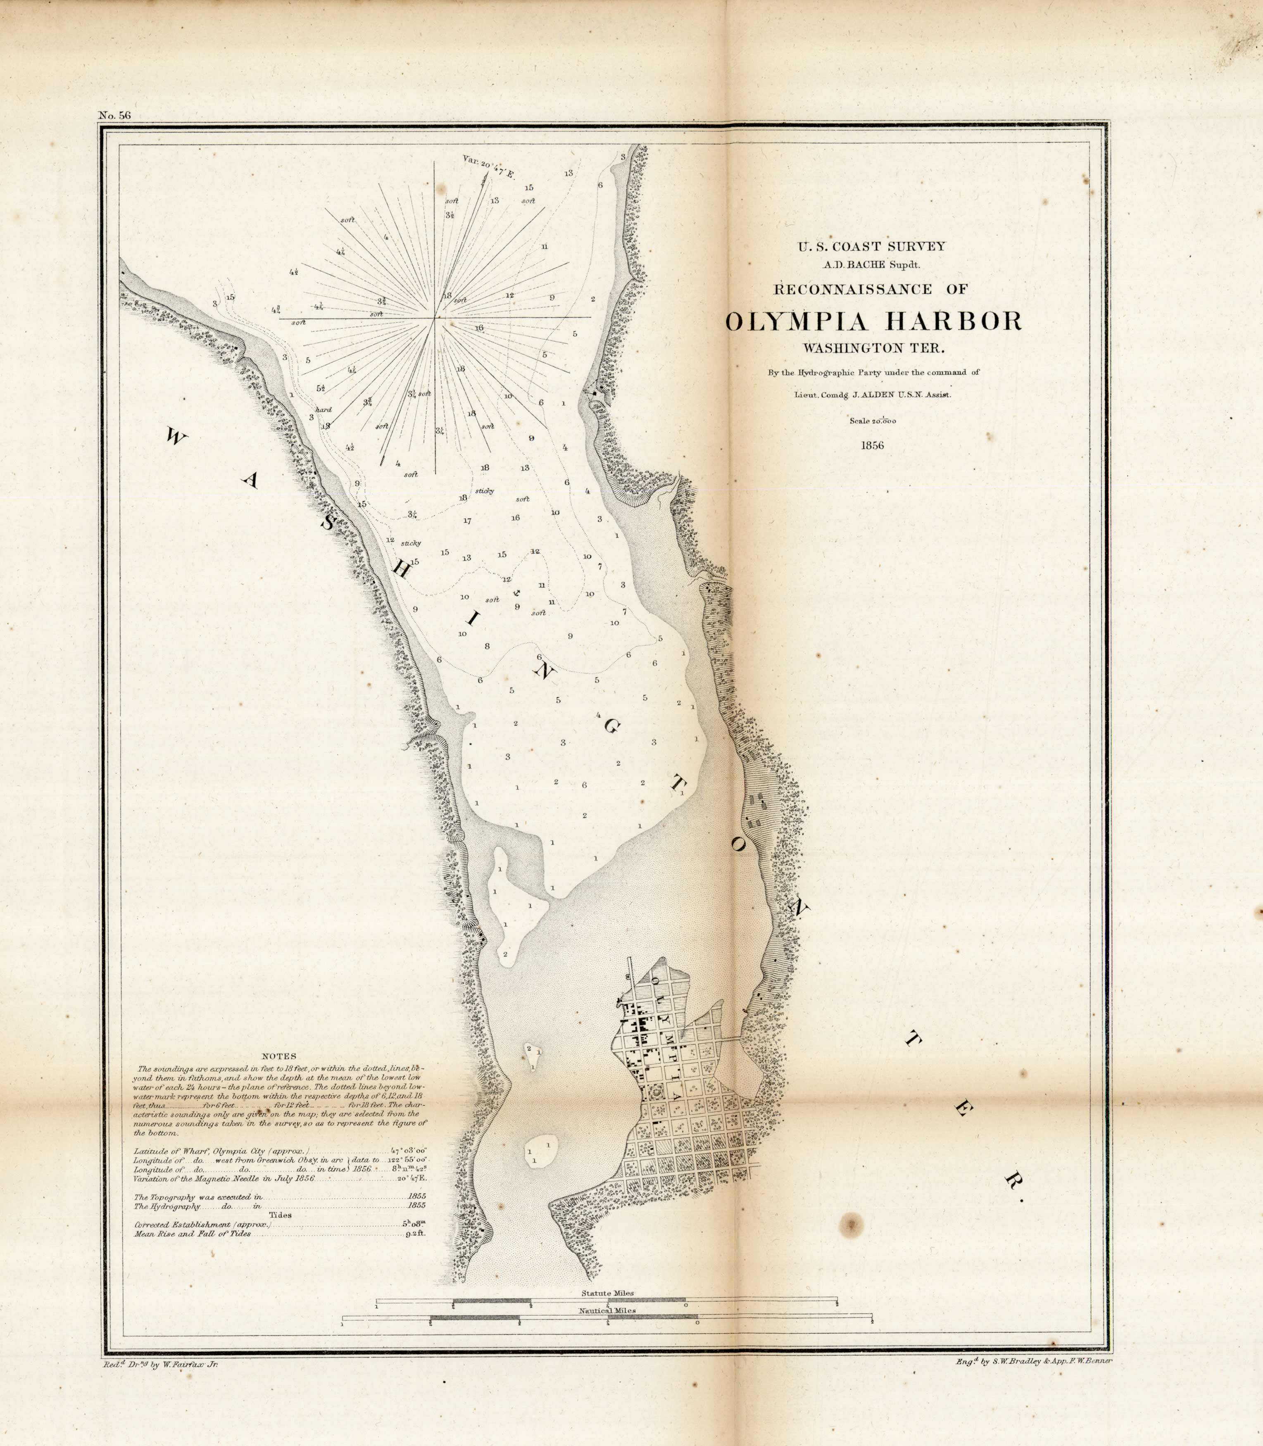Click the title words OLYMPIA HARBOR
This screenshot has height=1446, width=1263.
point(873,321)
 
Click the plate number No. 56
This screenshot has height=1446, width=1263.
point(115,116)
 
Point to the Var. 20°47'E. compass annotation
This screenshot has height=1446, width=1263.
point(488,167)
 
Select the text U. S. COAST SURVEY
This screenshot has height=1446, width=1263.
point(871,247)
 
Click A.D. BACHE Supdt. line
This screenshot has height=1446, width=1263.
point(871,264)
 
